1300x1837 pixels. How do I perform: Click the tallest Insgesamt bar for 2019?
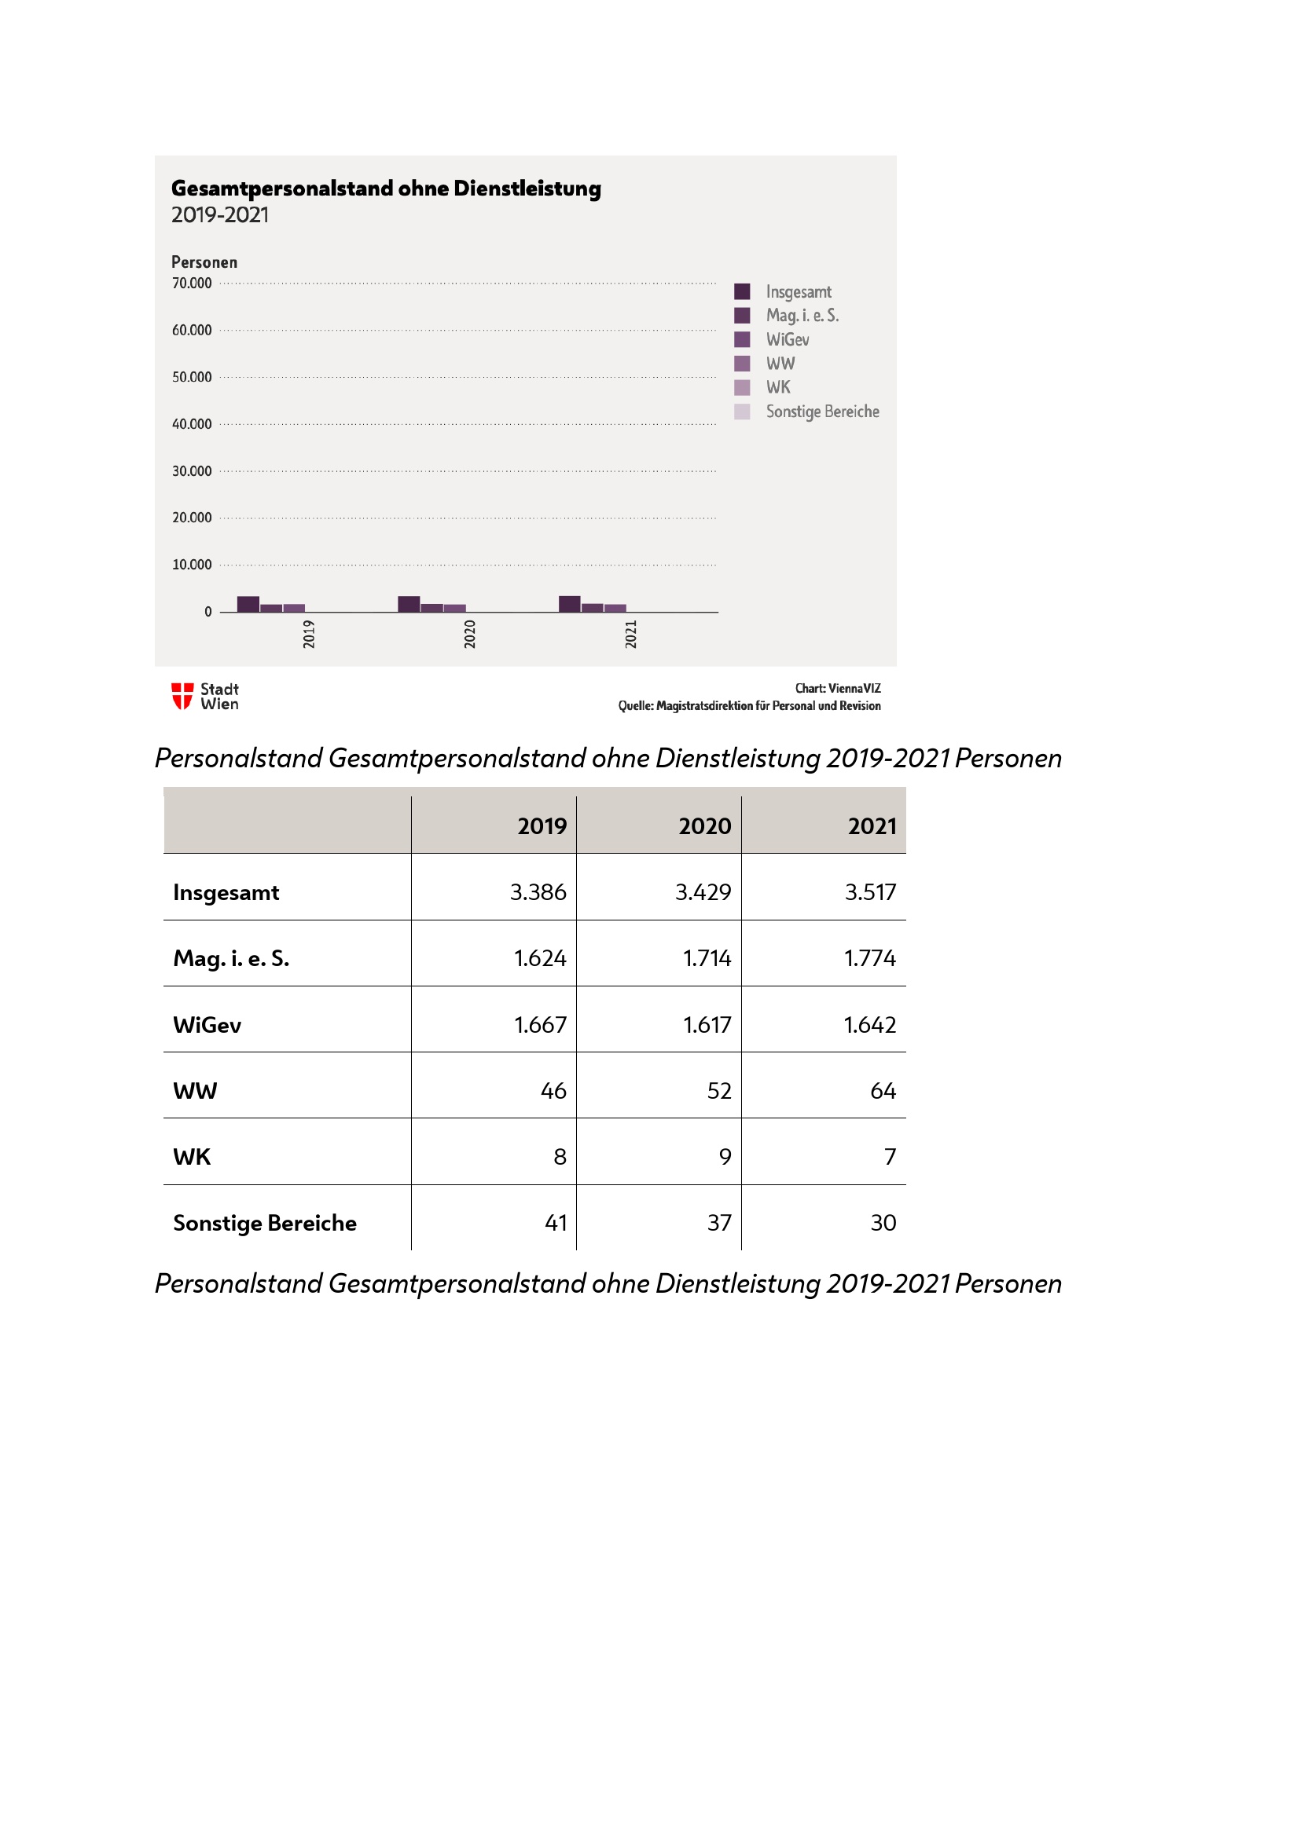point(248,604)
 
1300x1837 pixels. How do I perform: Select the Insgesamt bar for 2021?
point(569,604)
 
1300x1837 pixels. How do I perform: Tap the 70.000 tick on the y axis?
point(191,284)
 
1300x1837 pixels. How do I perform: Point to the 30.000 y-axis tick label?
point(191,471)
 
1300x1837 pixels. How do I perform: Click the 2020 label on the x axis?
point(470,634)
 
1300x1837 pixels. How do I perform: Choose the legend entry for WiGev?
point(787,339)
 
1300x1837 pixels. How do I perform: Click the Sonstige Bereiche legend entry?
point(821,412)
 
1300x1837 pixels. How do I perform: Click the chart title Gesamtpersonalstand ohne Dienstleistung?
point(386,188)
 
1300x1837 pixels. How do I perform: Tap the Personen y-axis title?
point(204,262)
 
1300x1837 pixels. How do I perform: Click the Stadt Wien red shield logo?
point(182,696)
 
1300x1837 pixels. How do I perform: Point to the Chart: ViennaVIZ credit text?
point(837,688)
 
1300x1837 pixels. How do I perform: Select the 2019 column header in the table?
point(542,825)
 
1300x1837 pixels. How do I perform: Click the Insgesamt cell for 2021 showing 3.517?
point(870,891)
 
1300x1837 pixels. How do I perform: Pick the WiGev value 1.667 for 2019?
point(539,1024)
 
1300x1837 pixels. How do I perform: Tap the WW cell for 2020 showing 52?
point(719,1091)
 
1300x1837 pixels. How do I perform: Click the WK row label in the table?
point(192,1157)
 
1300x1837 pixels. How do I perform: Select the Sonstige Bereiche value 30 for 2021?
point(883,1223)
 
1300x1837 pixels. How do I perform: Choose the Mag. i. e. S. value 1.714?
point(707,957)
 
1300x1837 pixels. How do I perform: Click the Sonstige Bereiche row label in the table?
point(265,1223)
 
